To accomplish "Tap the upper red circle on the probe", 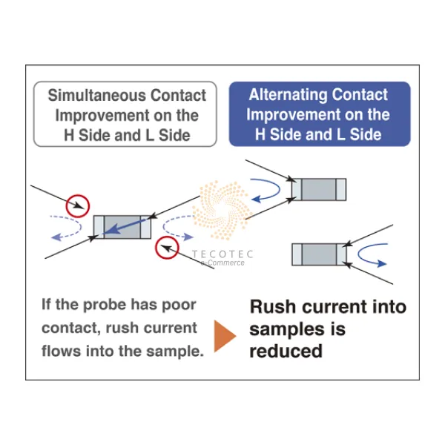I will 76,204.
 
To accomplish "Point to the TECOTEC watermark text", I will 222,254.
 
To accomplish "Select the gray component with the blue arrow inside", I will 122,226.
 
